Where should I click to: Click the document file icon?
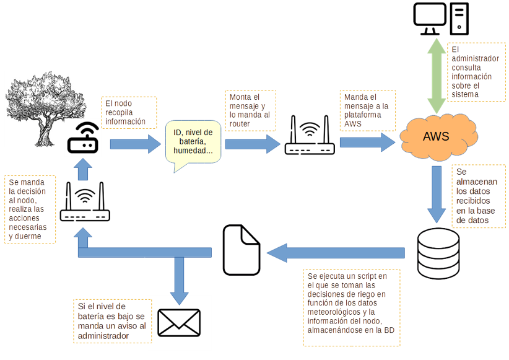click(x=241, y=250)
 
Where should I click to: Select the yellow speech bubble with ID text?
click(x=193, y=143)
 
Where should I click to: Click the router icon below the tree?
click(x=85, y=204)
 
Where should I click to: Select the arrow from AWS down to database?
click(x=437, y=192)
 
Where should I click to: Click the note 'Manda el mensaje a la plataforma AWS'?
click(x=367, y=111)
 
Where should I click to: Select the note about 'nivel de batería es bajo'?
click(x=110, y=322)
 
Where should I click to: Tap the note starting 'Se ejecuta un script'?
click(x=351, y=307)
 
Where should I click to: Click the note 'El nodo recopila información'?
click(x=129, y=112)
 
